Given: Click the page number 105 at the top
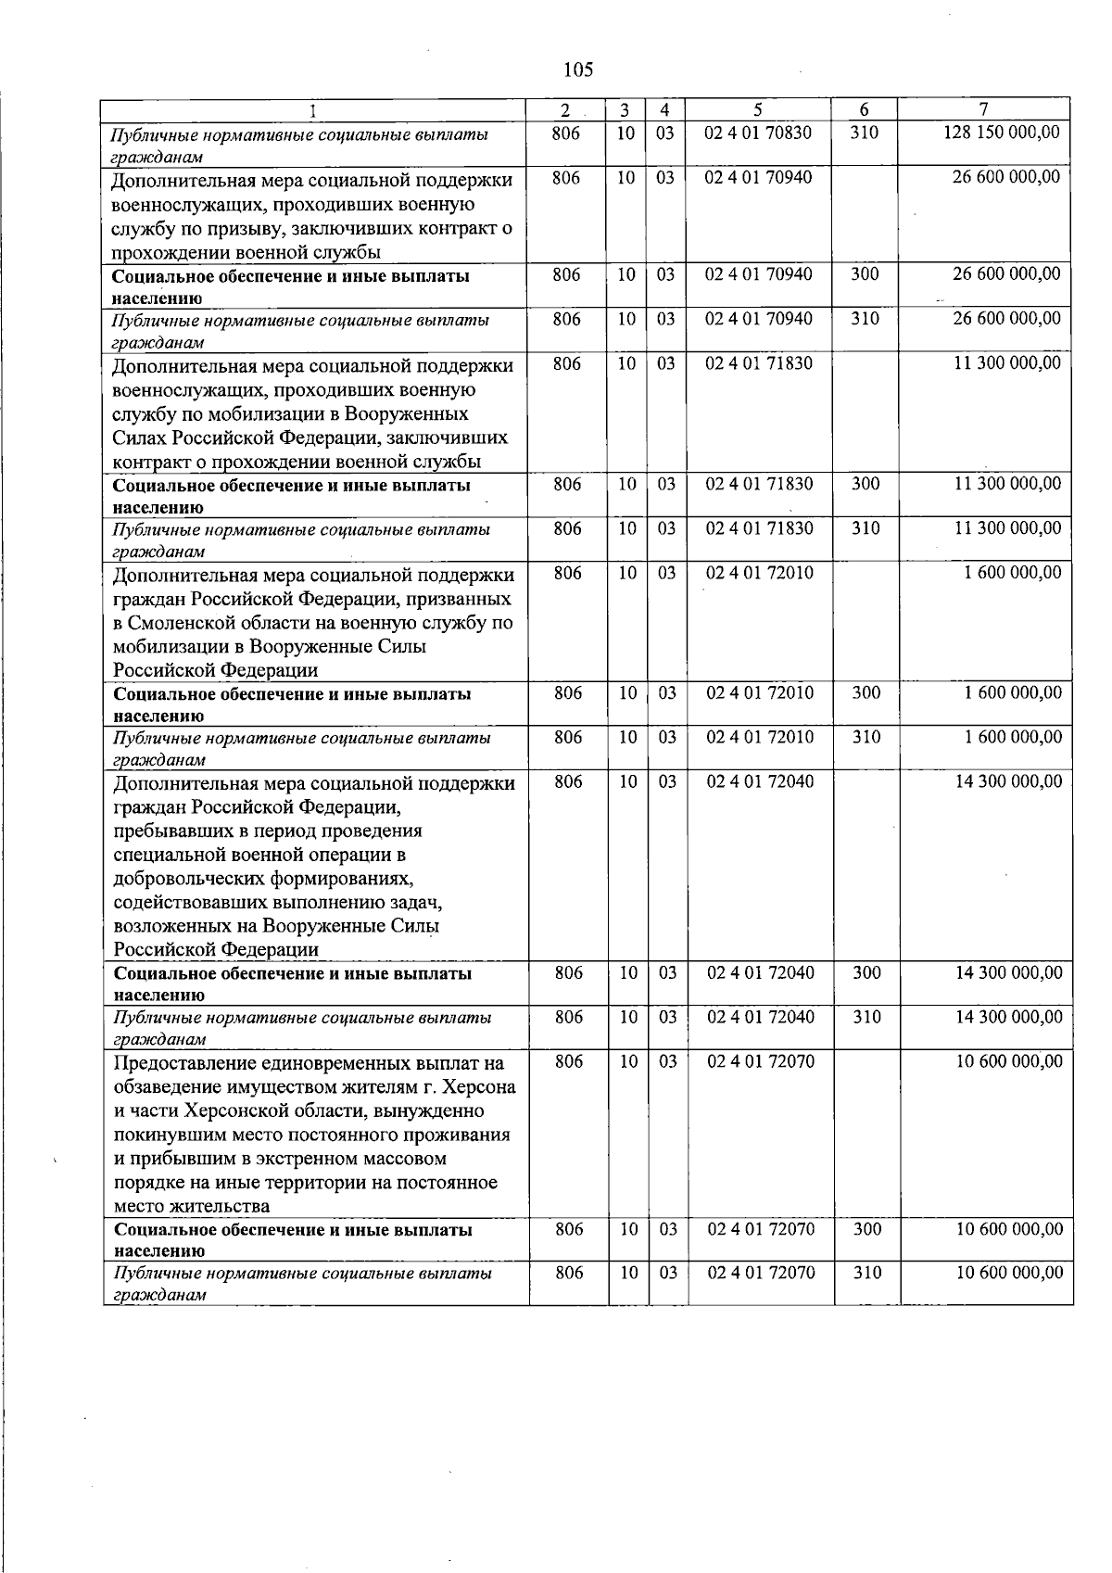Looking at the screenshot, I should pyautogui.click(x=577, y=70).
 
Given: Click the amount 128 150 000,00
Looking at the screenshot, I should pyautogui.click(x=1001, y=133).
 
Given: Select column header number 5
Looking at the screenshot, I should pyautogui.click(x=757, y=109).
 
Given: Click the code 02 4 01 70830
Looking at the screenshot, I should pyautogui.click(x=757, y=133).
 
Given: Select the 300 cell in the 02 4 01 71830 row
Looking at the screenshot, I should pyautogui.click(x=865, y=484).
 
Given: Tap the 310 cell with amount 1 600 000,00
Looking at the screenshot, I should pyautogui.click(x=866, y=737).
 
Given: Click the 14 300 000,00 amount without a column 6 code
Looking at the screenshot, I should pyautogui.click(x=1008, y=781).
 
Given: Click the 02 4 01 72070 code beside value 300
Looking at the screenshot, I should pyautogui.click(x=760, y=1229).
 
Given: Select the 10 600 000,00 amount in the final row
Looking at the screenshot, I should pyautogui.click(x=1008, y=1273).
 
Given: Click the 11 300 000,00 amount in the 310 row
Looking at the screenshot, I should pyautogui.click(x=1007, y=528).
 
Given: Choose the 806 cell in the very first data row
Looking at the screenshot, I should pyautogui.click(x=565, y=133).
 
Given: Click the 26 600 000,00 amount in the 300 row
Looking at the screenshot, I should pyautogui.click(x=1006, y=274).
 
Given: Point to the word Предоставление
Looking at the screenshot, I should pyautogui.click(x=178, y=1062).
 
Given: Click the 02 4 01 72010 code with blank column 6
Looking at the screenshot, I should pyautogui.click(x=759, y=573).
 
